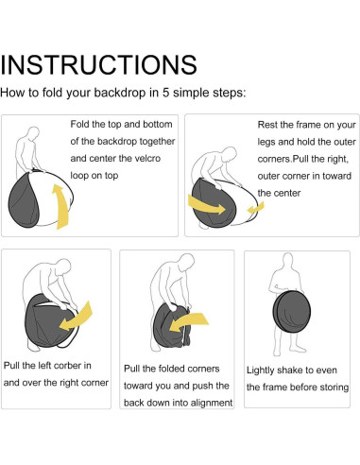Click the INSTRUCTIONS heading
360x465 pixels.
pos(98,64)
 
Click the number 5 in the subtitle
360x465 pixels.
pos(166,93)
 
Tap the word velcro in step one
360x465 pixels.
pos(147,158)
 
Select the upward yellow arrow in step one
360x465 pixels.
pos(60,206)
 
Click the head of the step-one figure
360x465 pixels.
pos(33,133)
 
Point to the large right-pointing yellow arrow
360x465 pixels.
pos(206,205)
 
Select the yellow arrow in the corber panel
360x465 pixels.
pos(76,317)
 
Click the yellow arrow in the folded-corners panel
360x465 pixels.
pos(189,322)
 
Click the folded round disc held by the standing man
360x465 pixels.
pos(292,312)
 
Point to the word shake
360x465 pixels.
pos(283,370)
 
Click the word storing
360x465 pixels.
pos(334,387)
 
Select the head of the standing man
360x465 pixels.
pos(287,260)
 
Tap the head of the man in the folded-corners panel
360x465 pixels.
pos(186,262)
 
